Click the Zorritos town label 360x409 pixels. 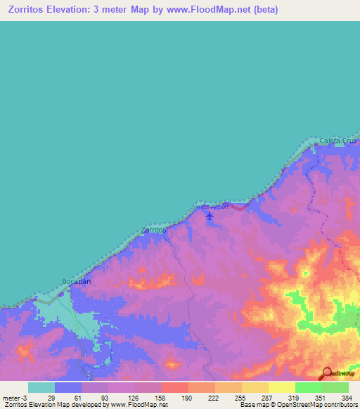tap(153, 230)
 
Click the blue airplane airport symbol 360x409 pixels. tap(209, 216)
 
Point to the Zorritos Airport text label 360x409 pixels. tap(210, 207)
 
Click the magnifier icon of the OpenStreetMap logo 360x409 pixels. tap(326, 374)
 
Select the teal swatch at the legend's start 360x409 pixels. tap(41, 387)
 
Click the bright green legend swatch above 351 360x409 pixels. tap(308, 387)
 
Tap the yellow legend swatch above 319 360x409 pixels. tap(281, 387)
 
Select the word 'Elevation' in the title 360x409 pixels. tap(71, 10)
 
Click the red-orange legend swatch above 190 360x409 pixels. tap(174, 387)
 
